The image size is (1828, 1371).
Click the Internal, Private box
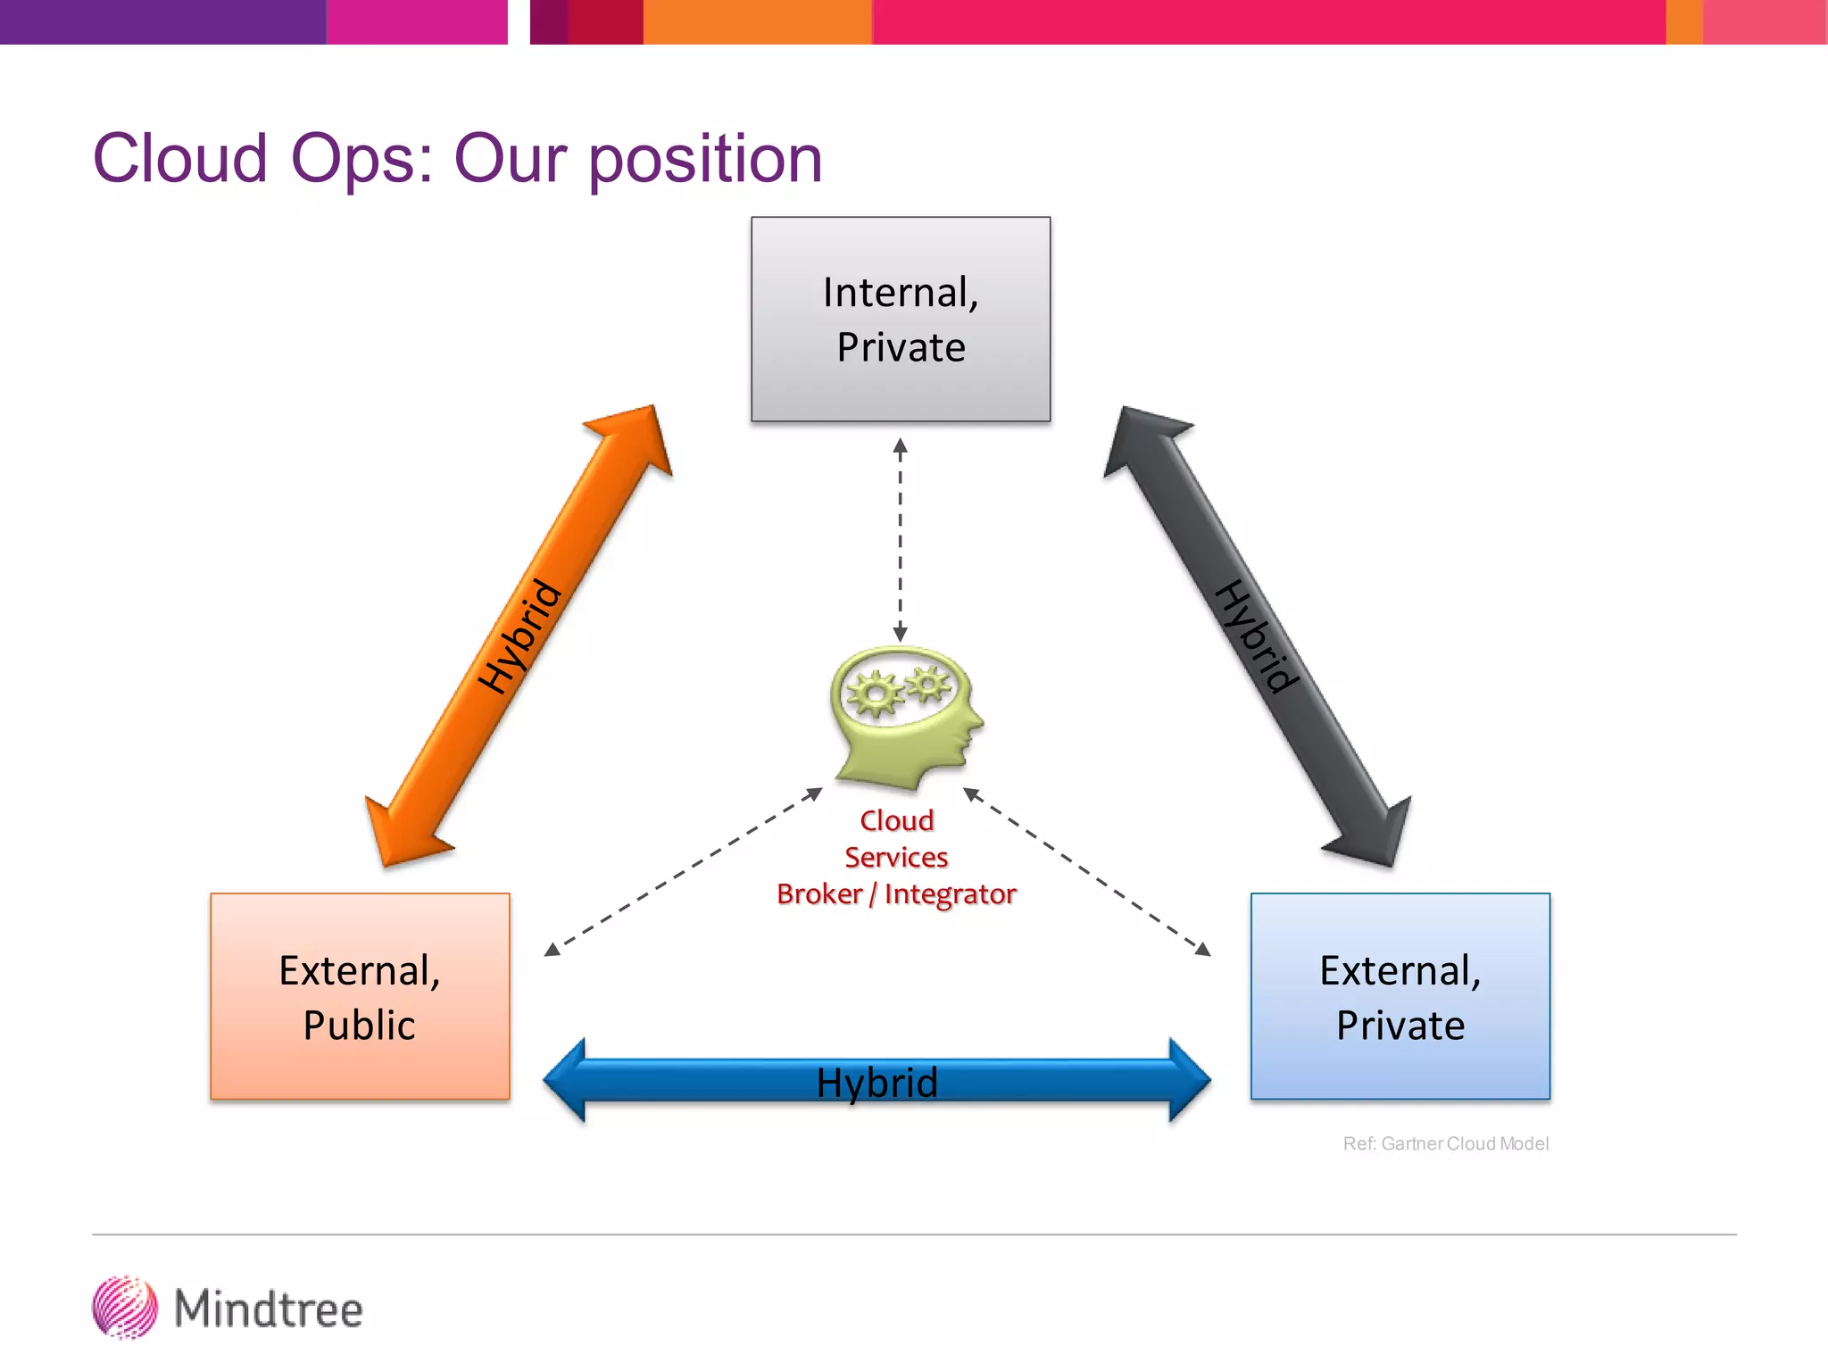click(x=900, y=319)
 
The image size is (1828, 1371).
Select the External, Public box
click(x=360, y=996)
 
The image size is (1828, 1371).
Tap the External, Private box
click(x=1400, y=996)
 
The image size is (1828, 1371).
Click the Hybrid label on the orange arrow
click(x=519, y=636)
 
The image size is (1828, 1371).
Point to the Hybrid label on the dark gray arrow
click(x=1258, y=636)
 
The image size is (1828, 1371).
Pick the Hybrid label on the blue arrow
click(x=877, y=1083)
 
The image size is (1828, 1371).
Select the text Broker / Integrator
click(x=896, y=893)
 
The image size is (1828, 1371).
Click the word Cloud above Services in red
click(x=896, y=820)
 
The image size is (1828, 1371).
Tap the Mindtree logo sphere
click(x=125, y=1308)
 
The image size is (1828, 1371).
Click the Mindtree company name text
click(x=269, y=1309)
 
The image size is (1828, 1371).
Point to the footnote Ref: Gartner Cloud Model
click(x=1445, y=1143)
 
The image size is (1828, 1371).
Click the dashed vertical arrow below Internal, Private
click(x=900, y=540)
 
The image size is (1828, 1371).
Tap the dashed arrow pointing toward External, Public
click(x=683, y=872)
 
